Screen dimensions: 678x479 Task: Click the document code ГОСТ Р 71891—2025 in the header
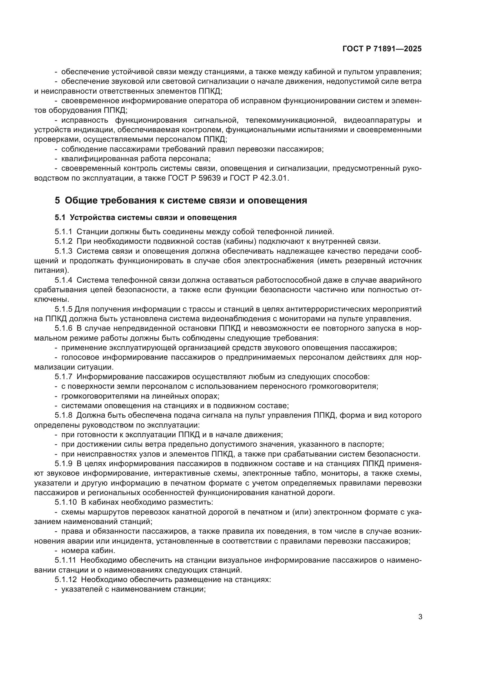pos(382,49)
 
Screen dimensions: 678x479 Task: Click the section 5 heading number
pos(57,201)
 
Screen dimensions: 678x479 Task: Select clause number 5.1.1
pos(63,232)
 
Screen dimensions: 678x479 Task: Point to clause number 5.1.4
pos(63,280)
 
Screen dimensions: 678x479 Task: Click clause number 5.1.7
pos(63,377)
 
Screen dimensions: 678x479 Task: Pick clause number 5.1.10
pos(65,502)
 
